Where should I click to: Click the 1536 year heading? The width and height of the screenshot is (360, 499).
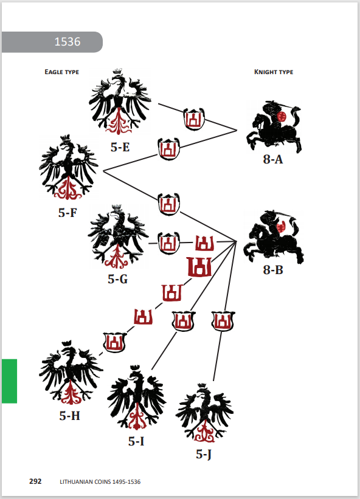67,42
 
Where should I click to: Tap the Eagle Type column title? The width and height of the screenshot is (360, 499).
62,72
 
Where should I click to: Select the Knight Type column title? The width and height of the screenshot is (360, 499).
274,72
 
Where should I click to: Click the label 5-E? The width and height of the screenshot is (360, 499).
120,147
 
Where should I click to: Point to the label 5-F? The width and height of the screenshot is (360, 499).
67,213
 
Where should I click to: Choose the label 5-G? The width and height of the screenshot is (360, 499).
118,279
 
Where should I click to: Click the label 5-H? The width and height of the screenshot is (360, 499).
69,416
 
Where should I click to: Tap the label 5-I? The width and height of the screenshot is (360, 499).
136,441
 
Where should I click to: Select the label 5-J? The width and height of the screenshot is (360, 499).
204,454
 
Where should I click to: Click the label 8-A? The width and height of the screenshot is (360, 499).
273,159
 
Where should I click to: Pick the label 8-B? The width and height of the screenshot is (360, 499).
273,270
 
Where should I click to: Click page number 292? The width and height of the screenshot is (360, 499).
35,481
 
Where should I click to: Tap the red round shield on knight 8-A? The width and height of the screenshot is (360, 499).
281,117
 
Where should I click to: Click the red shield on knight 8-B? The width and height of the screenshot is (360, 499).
281,227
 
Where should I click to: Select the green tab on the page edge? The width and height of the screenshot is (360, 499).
9,381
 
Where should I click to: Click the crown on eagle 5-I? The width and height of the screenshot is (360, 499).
135,368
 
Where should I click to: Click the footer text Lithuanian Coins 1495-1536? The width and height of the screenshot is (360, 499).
100,482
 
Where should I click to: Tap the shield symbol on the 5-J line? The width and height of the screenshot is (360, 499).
223,321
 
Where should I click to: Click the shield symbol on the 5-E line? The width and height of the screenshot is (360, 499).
194,119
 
